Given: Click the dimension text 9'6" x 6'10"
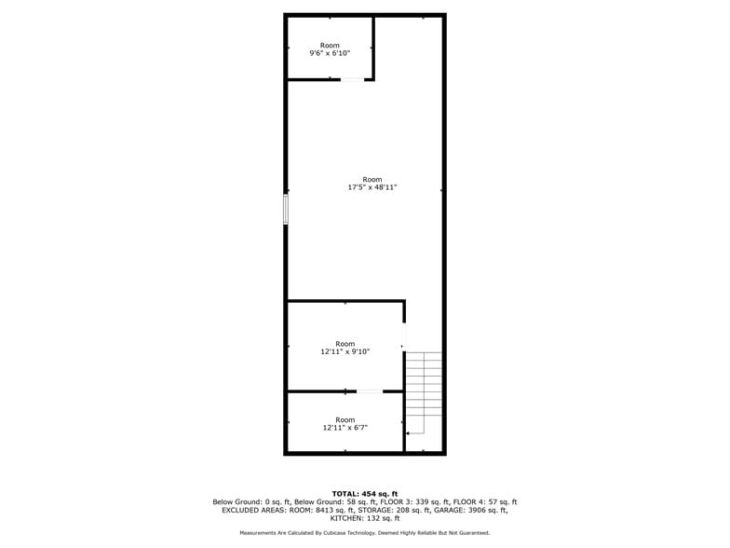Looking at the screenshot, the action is pos(330,54).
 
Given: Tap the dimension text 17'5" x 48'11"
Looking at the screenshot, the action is pos(372,187).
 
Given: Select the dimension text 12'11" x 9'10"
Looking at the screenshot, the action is pos(345,352).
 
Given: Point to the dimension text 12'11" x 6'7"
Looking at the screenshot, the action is pos(345,428).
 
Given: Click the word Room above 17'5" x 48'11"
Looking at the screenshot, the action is pos(372,179).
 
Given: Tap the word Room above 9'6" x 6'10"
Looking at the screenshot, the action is pos(330,45).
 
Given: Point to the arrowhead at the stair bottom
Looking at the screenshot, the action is pos(408,433).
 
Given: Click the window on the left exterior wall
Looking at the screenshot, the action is pos(286,209).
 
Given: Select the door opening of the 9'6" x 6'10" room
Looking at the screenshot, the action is pos(352,80).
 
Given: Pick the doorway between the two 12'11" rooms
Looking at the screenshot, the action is pos(370,391).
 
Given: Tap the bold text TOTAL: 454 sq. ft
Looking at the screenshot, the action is pos(365,494).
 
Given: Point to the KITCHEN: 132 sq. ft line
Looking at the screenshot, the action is pos(365,518).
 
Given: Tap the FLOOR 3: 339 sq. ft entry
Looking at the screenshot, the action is pos(413,501).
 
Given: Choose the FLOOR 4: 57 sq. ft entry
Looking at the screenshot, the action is pos(484,501).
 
